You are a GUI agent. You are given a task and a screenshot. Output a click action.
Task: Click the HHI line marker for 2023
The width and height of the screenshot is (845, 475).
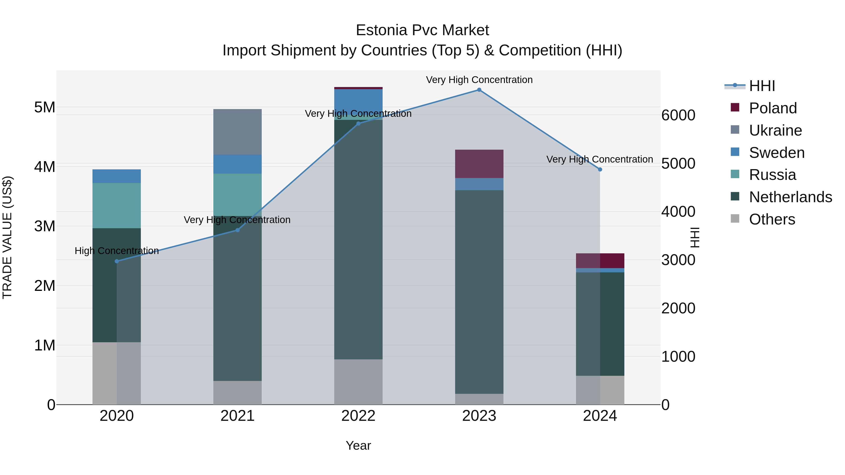point(479,90)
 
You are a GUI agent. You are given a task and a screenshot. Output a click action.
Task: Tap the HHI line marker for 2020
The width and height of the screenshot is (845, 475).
point(117,261)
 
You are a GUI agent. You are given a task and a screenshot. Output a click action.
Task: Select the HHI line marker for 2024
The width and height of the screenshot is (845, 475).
point(600,170)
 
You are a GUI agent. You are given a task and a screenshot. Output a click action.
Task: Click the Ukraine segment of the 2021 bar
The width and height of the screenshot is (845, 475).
point(238,132)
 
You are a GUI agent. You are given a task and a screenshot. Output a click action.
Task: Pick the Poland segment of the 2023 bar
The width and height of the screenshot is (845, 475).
point(479,164)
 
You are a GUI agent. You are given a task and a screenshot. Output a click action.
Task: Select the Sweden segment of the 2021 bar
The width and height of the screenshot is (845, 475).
point(238,164)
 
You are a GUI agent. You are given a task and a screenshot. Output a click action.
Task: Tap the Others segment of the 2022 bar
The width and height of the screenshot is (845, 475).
point(358,382)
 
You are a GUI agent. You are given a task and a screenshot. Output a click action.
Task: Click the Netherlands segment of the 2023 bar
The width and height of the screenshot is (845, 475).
point(479,292)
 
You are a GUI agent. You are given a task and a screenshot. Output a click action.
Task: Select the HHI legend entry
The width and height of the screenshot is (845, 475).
point(762,86)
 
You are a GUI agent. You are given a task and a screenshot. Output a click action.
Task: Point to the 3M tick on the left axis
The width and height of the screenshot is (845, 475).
point(45,226)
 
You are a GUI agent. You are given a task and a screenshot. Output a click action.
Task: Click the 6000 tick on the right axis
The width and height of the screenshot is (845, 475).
point(678,115)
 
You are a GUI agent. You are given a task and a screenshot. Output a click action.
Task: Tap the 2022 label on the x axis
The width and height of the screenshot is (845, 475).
point(358,416)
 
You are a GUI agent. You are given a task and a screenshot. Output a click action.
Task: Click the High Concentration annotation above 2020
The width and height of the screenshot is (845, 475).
point(117,251)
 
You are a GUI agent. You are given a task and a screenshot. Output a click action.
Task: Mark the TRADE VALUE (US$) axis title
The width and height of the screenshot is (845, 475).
point(7,237)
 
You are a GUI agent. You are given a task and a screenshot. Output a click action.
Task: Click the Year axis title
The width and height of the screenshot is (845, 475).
point(358,445)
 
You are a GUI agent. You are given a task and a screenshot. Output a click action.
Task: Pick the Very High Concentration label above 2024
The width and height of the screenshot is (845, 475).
point(600,159)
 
